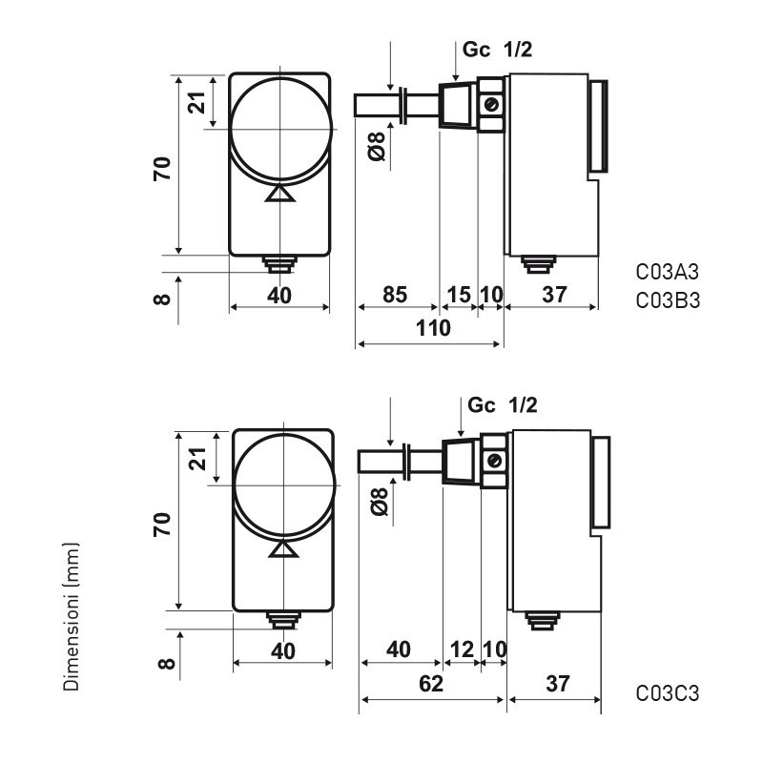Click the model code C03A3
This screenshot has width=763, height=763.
pyautogui.click(x=668, y=272)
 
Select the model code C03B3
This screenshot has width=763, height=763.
pyautogui.click(x=668, y=301)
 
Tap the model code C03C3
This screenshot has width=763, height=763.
pyautogui.click(x=668, y=693)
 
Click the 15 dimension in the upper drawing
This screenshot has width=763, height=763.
pyautogui.click(x=459, y=295)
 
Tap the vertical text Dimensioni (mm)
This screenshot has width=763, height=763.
pyautogui.click(x=71, y=616)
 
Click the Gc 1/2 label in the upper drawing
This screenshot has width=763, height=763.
pyautogui.click(x=496, y=52)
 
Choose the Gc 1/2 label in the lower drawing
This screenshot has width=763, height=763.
pyautogui.click(x=503, y=405)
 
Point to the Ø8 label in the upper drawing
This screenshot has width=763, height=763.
pyautogui.click(x=377, y=147)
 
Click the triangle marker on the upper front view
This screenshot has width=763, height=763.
pyautogui.click(x=279, y=194)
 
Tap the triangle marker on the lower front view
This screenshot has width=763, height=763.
pyautogui.click(x=283, y=548)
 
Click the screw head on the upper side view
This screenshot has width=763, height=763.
pyautogui.click(x=491, y=104)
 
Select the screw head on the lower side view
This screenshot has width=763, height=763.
pyautogui.click(x=495, y=460)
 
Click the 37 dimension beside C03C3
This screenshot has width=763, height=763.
pyautogui.click(x=559, y=683)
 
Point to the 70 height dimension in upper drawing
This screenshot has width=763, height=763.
pyautogui.click(x=162, y=168)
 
